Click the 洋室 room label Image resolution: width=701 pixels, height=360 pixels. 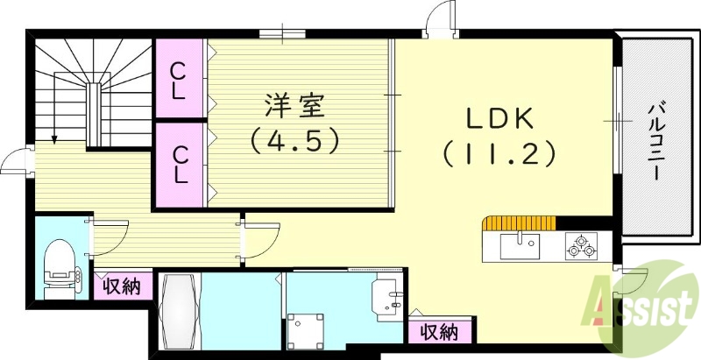point(295,107)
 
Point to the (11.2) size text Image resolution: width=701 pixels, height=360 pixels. point(499,154)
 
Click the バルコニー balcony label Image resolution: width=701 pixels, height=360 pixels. point(654,141)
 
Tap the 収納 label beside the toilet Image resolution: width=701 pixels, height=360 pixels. point(121,286)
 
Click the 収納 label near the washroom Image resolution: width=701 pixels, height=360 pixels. point(439,332)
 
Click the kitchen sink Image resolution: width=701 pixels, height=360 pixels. point(520,245)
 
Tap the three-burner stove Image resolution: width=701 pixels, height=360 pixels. point(581,246)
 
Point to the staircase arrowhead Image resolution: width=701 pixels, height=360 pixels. point(54,138)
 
